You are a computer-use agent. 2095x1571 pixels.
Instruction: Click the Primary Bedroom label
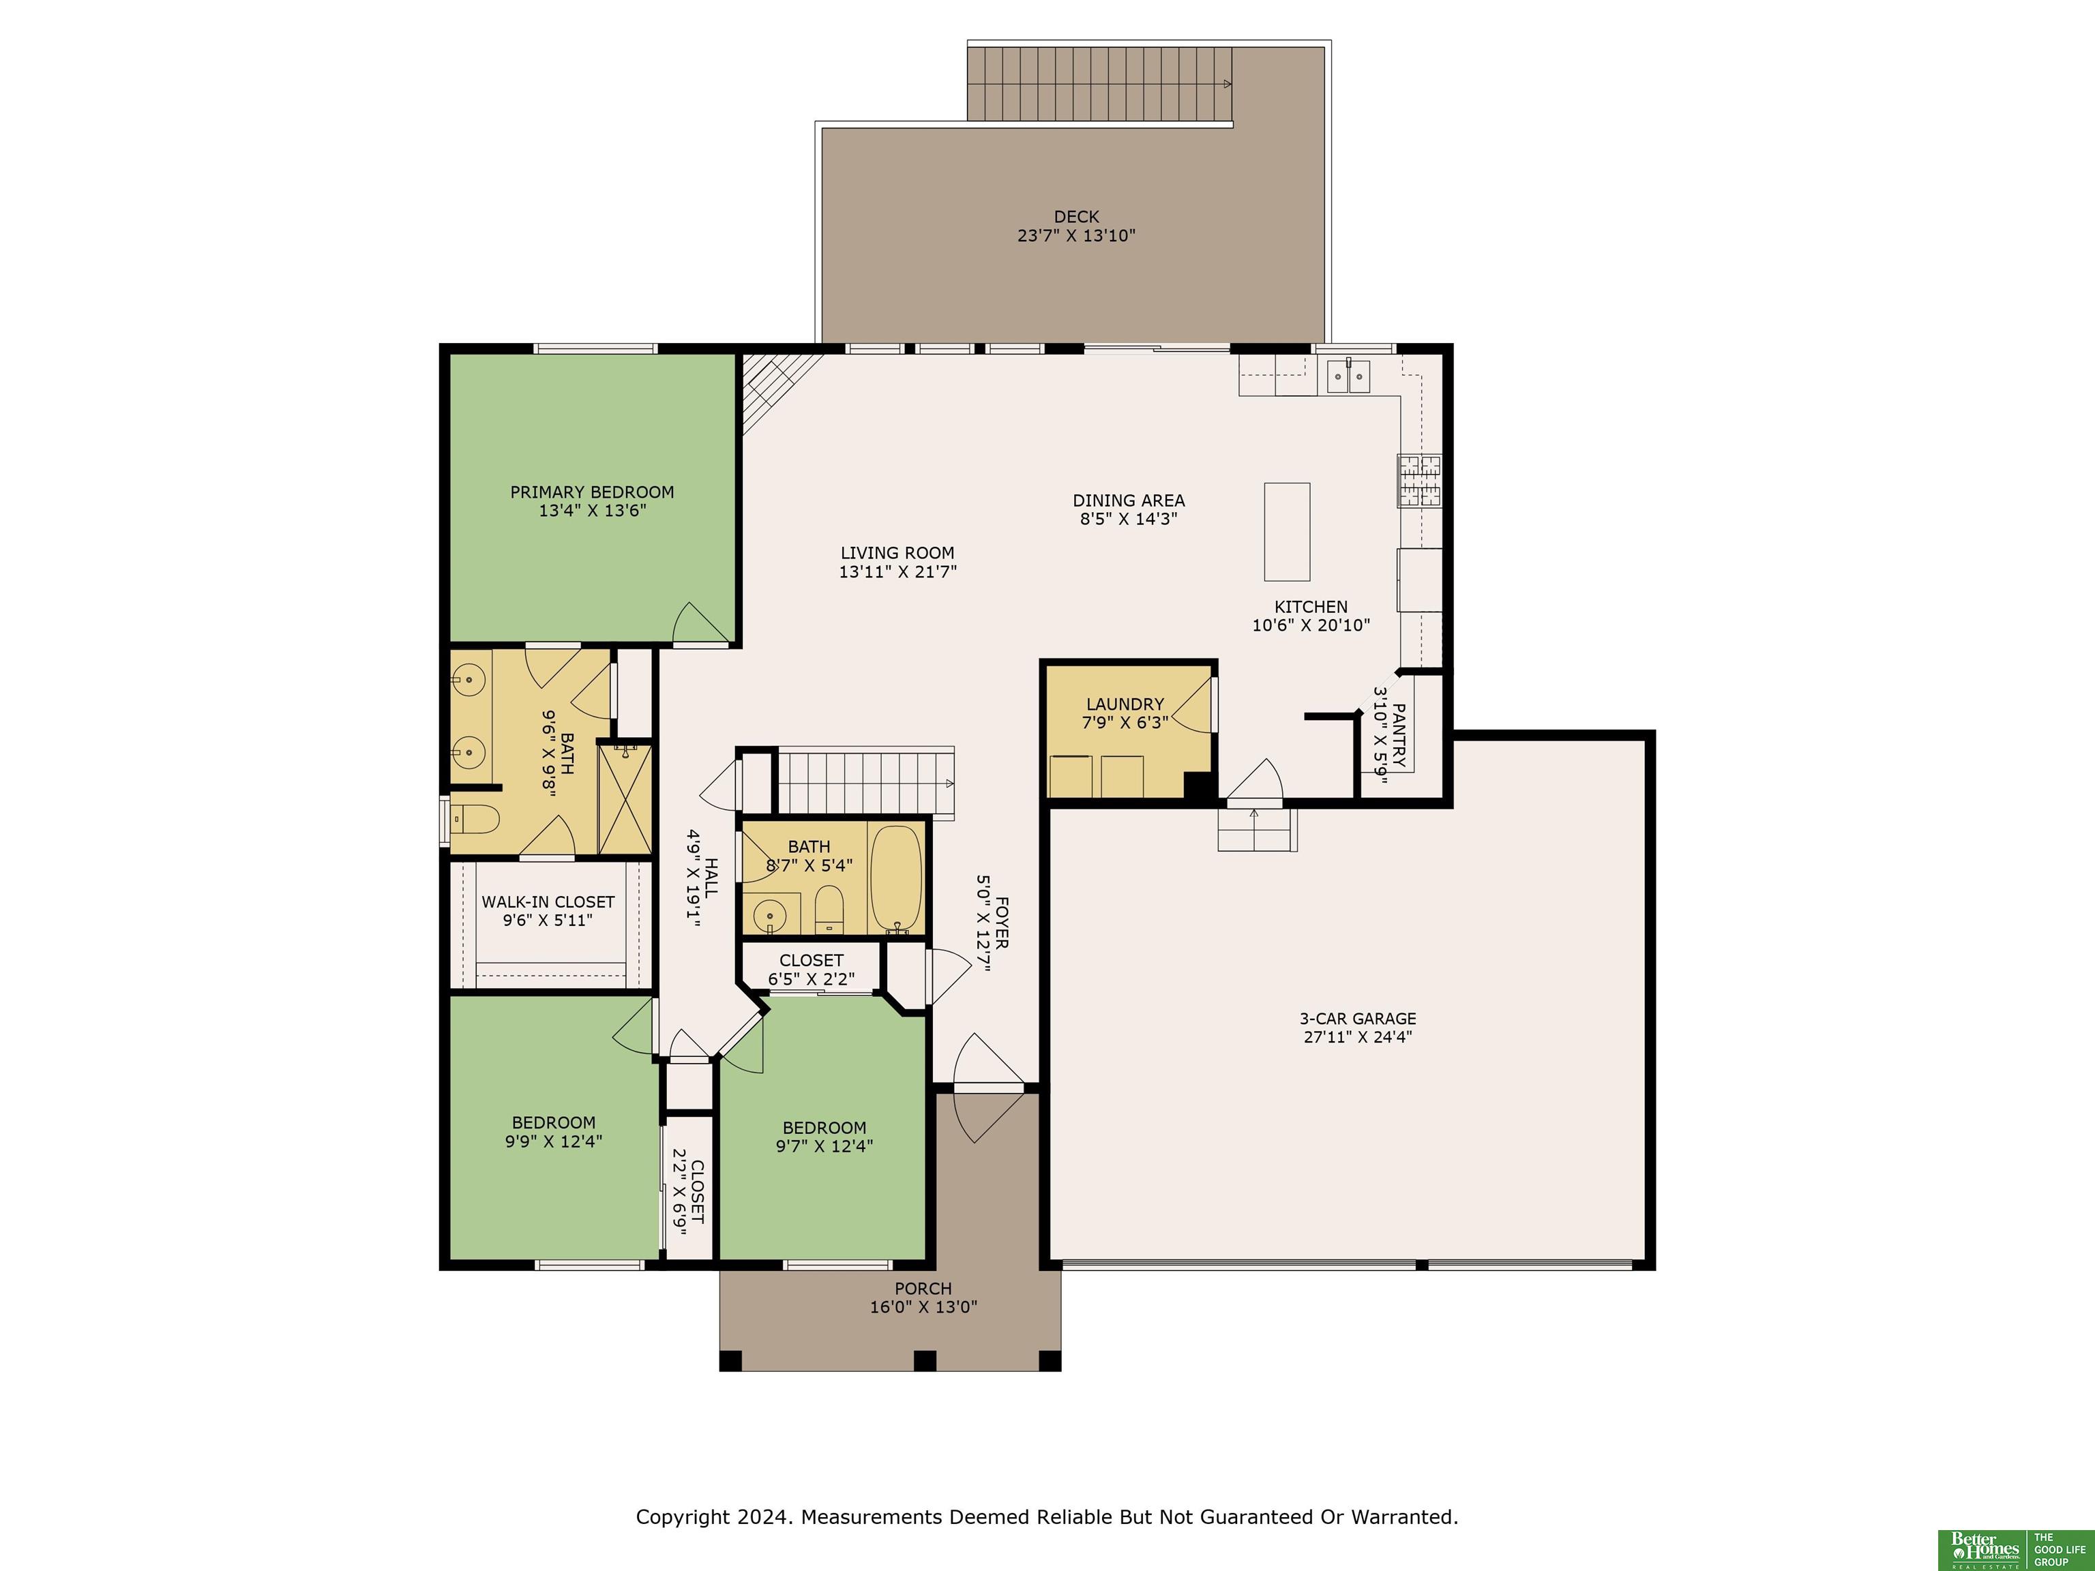pos(592,492)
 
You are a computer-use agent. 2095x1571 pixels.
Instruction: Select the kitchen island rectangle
pos(1287,531)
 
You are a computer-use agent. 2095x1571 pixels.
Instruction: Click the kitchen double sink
pos(1348,376)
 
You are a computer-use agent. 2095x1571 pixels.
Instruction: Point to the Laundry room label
pos(1125,704)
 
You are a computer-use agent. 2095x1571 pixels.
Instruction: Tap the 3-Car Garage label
pos(1357,1019)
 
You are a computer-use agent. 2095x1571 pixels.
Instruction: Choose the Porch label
pos(923,1289)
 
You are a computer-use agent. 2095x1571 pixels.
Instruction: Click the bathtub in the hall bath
pos(895,879)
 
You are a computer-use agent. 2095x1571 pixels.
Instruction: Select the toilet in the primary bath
pos(473,818)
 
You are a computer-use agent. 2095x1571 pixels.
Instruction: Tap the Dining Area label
pos(1129,500)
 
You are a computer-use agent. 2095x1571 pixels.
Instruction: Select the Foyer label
pos(1002,923)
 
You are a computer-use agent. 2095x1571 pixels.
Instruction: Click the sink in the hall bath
pos(770,915)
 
